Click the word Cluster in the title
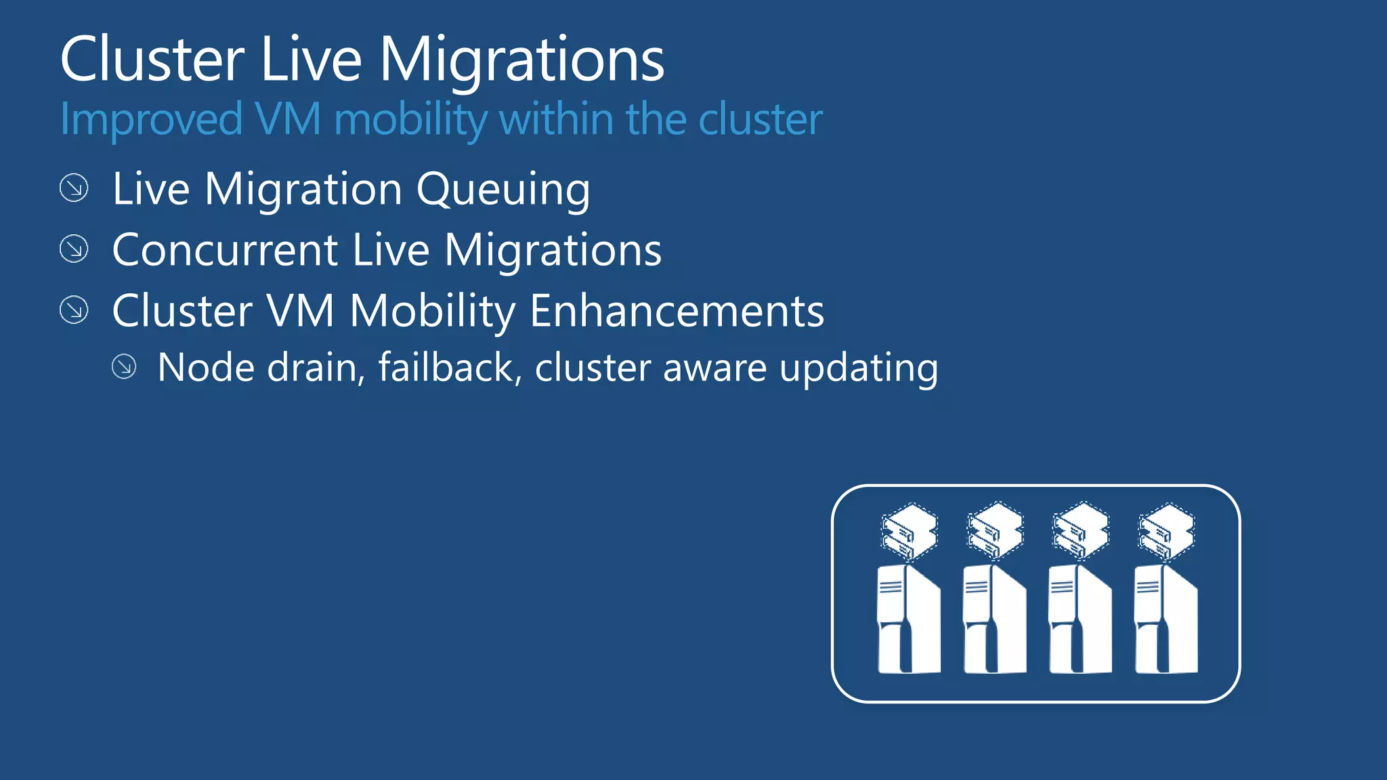tap(152, 60)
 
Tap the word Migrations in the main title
tap(521, 60)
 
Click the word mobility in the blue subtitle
tap(410, 120)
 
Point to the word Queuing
tap(503, 190)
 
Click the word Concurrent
tap(225, 250)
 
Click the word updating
tap(859, 369)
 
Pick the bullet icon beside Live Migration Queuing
tap(74, 188)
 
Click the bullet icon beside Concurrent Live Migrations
tap(74, 249)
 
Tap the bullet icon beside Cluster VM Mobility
tap(74, 310)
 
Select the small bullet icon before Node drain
tap(124, 367)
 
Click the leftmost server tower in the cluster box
tap(908, 620)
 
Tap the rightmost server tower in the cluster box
tap(1166, 620)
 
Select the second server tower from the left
tap(994, 620)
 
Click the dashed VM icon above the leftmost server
tap(910, 532)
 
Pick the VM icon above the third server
tap(1081, 532)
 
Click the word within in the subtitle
tap(557, 118)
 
